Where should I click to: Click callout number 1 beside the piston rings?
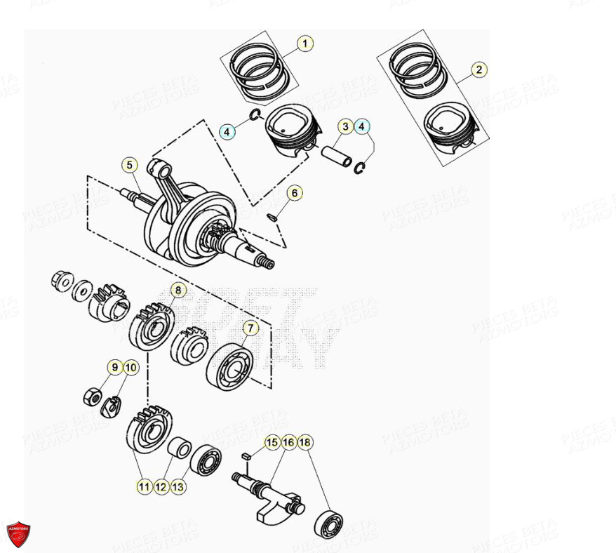(x=304, y=44)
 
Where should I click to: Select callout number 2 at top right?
(x=478, y=69)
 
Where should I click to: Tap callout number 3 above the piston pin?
(x=345, y=127)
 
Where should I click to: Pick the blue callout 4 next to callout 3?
(x=362, y=127)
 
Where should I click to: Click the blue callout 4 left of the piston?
(x=227, y=131)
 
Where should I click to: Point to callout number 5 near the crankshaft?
(x=128, y=166)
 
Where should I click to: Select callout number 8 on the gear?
(x=178, y=289)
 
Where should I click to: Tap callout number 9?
(x=114, y=366)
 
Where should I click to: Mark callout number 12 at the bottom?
(x=161, y=486)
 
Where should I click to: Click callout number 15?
(x=272, y=442)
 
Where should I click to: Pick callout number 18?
(x=304, y=442)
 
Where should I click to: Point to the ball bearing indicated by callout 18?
(x=328, y=524)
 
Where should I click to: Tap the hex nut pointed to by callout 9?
(x=91, y=397)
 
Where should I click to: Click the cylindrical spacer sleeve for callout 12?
(x=182, y=448)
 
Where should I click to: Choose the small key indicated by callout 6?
(x=274, y=215)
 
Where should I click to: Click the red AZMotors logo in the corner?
(x=18, y=535)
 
